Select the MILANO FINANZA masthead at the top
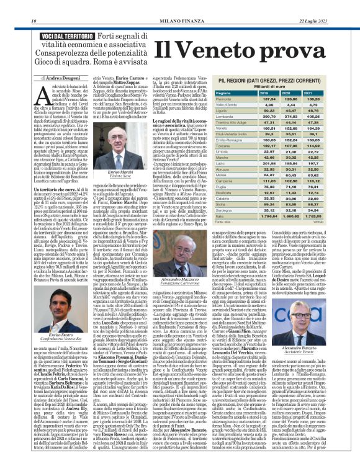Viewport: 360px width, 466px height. point(180,6)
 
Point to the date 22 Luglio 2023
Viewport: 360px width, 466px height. point(338,6)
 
